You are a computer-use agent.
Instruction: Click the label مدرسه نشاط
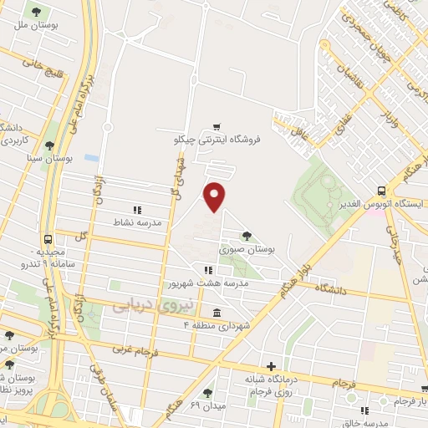142,223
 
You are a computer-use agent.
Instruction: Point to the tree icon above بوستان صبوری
247,236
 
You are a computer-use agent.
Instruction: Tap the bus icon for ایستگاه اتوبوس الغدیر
381,191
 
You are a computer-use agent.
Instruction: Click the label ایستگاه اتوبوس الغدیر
383,204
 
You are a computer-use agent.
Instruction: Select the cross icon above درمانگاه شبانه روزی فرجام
271,366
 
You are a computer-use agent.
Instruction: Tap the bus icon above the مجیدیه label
48,238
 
